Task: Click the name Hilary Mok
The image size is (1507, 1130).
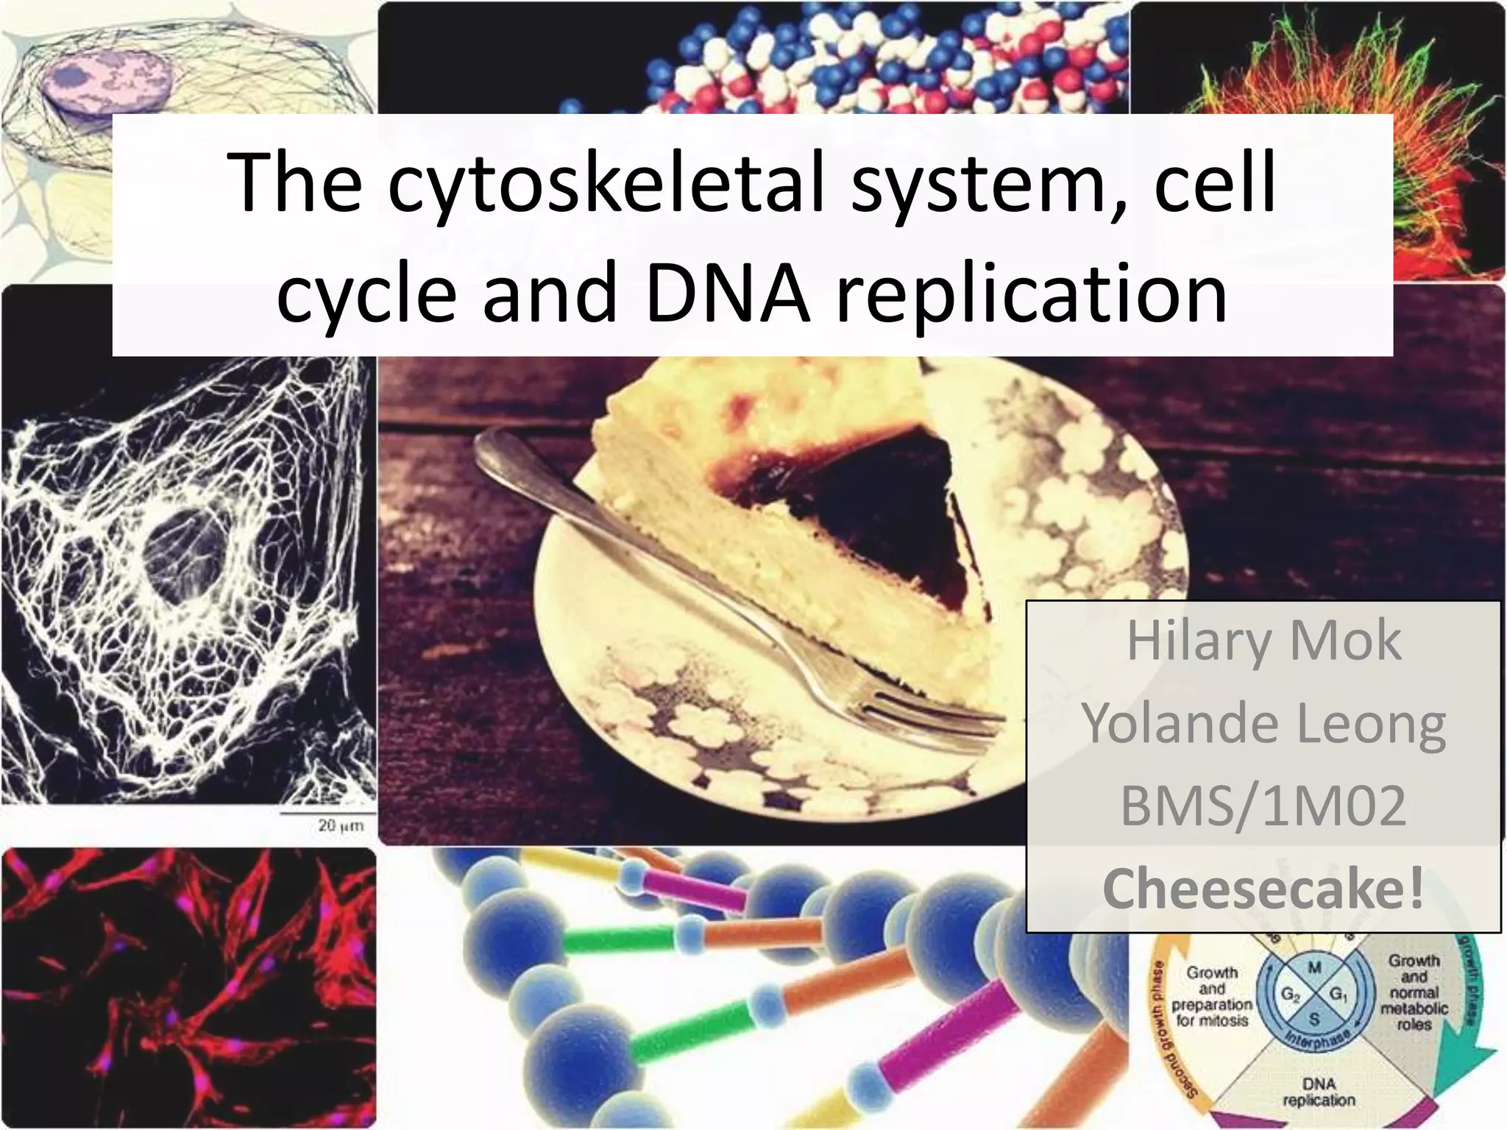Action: [1263, 642]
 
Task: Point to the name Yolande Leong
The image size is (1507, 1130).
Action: [1263, 725]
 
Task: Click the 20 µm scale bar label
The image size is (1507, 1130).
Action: [340, 825]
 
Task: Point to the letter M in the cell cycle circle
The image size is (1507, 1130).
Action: [1314, 968]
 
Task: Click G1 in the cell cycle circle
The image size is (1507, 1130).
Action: [1338, 995]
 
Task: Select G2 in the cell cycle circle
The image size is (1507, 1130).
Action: [1290, 995]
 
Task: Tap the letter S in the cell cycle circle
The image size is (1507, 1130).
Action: [1314, 1020]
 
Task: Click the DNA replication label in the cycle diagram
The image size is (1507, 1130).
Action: [1318, 1092]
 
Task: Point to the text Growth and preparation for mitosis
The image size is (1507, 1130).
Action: [1211, 996]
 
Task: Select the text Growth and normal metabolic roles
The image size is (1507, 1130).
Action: [1414, 992]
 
